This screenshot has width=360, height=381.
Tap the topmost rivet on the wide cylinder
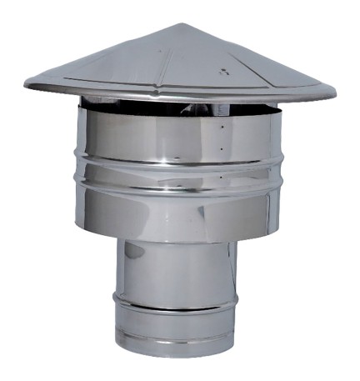(222, 128)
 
